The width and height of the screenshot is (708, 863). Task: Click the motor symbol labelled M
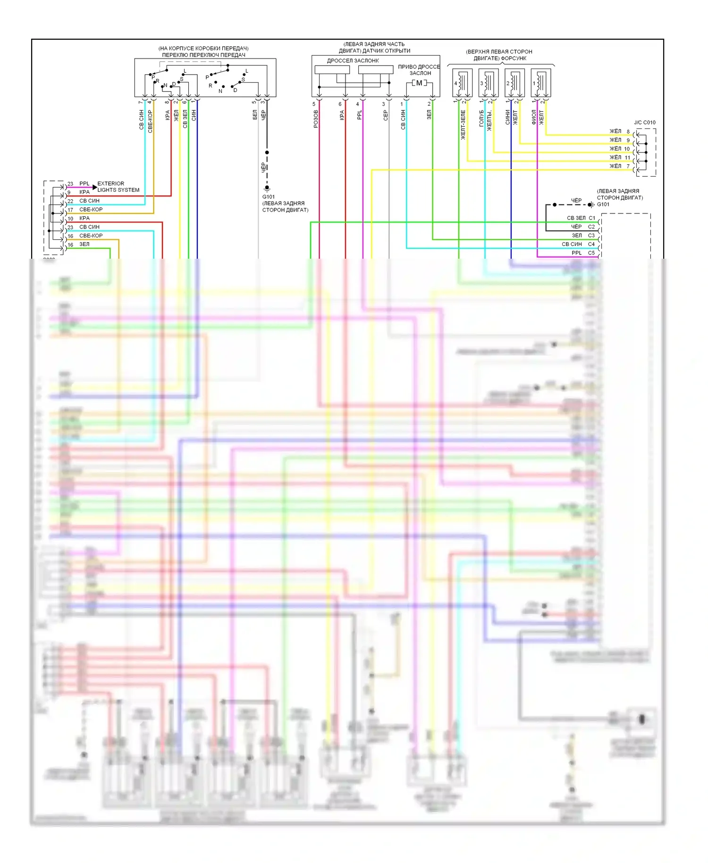pyautogui.click(x=419, y=83)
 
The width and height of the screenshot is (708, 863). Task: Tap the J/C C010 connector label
pyautogui.click(x=644, y=122)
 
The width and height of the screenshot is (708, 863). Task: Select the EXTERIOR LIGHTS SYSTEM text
pyautogui.click(x=118, y=186)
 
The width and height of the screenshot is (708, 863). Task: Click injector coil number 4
pyautogui.click(x=462, y=83)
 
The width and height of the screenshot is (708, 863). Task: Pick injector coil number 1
pyautogui.click(x=540, y=83)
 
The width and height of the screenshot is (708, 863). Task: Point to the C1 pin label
pyautogui.click(x=591, y=218)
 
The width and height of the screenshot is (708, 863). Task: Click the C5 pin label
pyautogui.click(x=591, y=253)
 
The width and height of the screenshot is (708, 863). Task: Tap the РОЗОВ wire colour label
pyautogui.click(x=316, y=119)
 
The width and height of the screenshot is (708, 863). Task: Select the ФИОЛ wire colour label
pyautogui.click(x=534, y=118)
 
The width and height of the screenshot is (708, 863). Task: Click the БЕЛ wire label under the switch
pyautogui.click(x=255, y=115)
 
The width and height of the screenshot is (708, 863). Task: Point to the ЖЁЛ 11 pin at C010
pyautogui.click(x=620, y=157)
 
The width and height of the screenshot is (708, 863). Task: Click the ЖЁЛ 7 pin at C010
pyautogui.click(x=619, y=166)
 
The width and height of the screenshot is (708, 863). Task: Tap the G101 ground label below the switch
pyautogui.click(x=269, y=197)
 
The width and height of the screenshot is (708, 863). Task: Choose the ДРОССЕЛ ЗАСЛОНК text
pyautogui.click(x=353, y=60)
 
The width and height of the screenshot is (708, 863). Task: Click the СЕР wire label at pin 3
pyautogui.click(x=385, y=116)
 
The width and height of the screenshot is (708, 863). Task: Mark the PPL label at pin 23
pyautogui.click(x=84, y=184)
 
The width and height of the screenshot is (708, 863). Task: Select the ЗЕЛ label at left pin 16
pyautogui.click(x=84, y=245)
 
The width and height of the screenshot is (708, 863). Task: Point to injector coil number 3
pyautogui.click(x=488, y=83)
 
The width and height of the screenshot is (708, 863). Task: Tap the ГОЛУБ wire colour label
pyautogui.click(x=481, y=118)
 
